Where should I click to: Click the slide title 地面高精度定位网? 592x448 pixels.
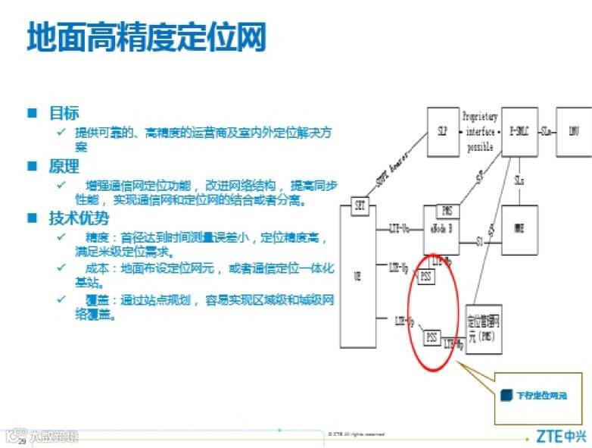click(147, 36)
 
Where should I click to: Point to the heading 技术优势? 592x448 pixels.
click(79, 218)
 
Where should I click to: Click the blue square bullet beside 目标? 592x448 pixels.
click(33, 113)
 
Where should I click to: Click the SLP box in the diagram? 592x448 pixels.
click(443, 131)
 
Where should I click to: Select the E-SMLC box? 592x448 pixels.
click(519, 131)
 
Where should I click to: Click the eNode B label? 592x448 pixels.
click(441, 228)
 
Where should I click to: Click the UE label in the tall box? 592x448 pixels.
click(357, 277)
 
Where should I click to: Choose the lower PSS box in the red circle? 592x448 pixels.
click(431, 337)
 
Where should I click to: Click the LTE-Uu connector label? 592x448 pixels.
click(400, 227)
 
